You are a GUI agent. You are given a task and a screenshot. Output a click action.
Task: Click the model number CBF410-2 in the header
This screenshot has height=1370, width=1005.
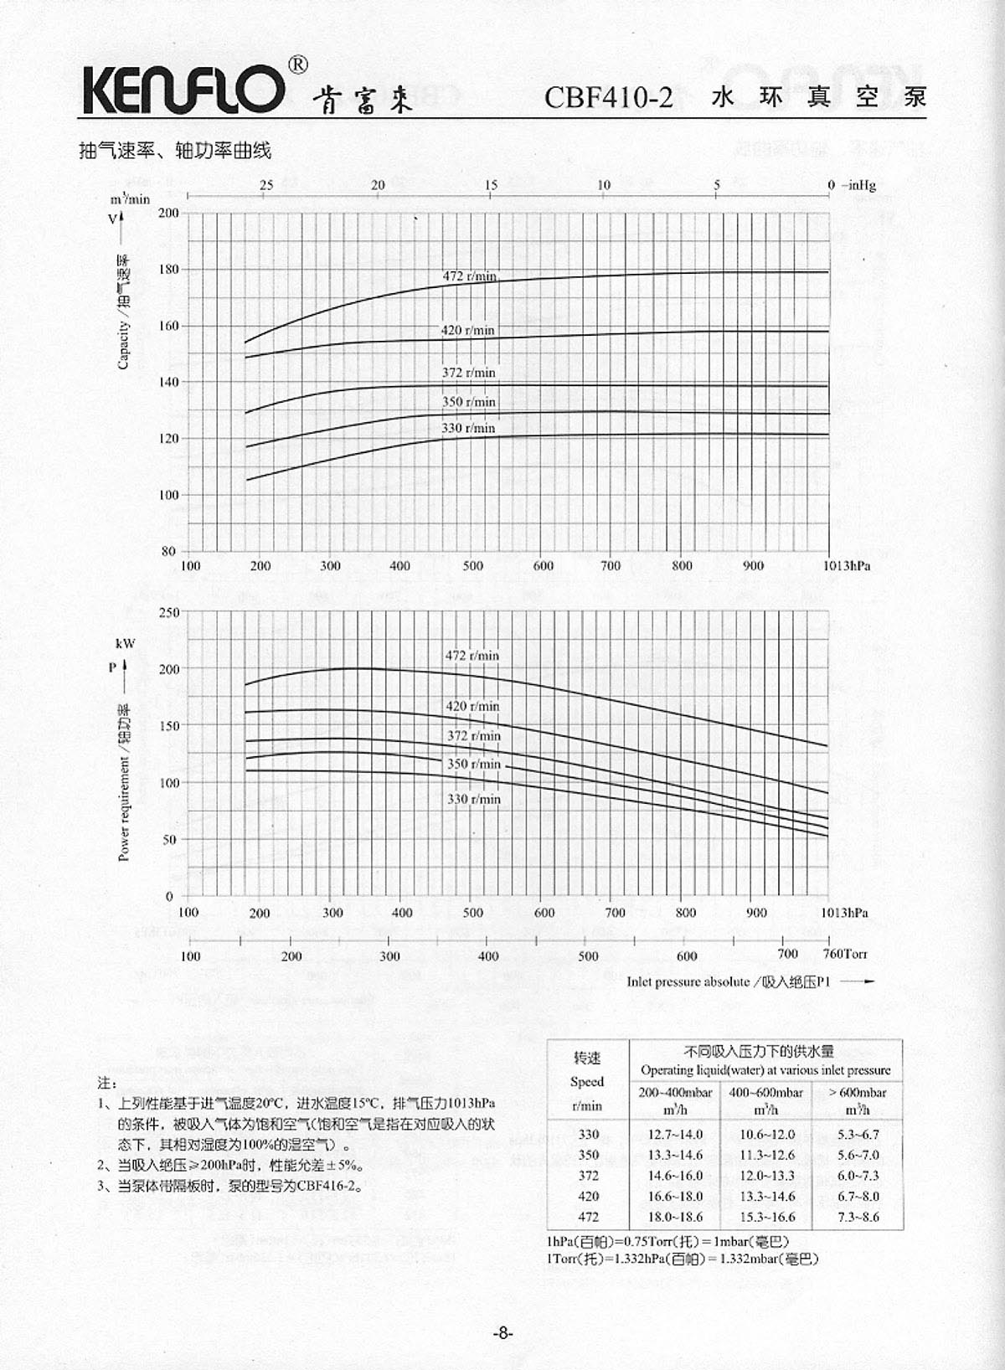pos(608,97)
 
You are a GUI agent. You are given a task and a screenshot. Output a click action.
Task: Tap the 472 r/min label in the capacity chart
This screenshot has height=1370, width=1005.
pos(469,276)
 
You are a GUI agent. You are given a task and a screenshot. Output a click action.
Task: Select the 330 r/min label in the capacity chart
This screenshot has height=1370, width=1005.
pos(468,428)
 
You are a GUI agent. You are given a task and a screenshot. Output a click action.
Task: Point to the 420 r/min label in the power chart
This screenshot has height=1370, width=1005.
pos(472,706)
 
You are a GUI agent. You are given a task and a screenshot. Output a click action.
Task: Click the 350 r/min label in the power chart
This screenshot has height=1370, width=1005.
pos(473,764)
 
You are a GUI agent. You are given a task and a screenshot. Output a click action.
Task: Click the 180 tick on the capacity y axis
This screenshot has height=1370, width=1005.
pos(168,270)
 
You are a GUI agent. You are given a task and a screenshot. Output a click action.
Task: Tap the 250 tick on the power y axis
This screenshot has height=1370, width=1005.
pos(169,612)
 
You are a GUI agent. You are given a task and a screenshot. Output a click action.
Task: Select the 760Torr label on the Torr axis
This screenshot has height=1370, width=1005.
pos(845,954)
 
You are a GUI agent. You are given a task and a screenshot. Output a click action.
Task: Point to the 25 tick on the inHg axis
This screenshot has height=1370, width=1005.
pos(266,185)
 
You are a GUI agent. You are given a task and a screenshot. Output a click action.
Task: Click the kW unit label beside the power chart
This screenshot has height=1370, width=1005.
pos(125,644)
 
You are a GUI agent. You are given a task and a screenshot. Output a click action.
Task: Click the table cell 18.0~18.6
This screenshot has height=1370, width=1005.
pos(675,1217)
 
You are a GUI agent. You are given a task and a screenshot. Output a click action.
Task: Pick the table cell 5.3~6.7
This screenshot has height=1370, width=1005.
pos(858,1134)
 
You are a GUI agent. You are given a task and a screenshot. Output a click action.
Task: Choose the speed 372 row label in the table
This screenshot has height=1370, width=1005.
pos(588,1176)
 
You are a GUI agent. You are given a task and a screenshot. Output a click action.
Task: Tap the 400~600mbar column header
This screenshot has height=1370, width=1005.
pos(765,1093)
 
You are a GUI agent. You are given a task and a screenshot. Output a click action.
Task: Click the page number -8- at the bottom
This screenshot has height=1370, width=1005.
pos(502,1333)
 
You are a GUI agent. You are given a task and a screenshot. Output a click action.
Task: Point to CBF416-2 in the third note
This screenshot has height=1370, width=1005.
pos(328,1186)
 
